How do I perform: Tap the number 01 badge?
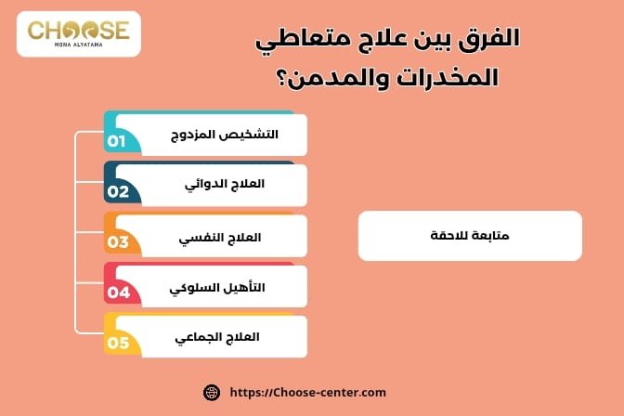coord(117,142)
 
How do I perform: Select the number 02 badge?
coord(118,192)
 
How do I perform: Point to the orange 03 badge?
coord(118,242)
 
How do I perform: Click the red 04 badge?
coord(118,292)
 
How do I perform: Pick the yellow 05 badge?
coord(118,343)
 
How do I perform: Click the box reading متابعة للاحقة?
coord(470,235)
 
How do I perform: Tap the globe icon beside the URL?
coord(211,392)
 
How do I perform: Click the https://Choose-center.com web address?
coord(306,392)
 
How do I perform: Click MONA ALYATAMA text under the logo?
coord(78,45)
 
